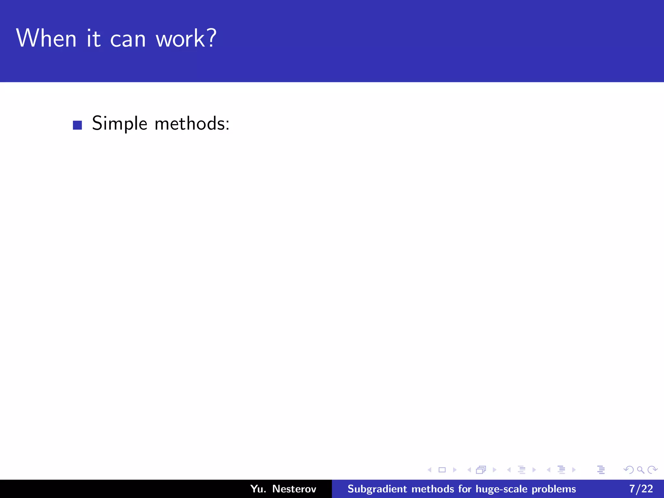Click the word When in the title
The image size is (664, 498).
(x=46, y=38)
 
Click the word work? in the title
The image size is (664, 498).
(x=186, y=38)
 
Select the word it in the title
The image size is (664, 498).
(x=93, y=38)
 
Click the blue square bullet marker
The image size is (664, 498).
(x=77, y=125)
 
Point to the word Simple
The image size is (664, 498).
(x=120, y=124)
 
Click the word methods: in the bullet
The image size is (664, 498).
(x=192, y=124)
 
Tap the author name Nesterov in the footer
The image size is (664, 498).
(x=294, y=489)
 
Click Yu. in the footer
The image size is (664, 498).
(x=258, y=489)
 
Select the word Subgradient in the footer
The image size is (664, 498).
(x=377, y=489)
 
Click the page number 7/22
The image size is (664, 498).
(x=641, y=489)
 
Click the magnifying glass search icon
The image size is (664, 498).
(x=640, y=470)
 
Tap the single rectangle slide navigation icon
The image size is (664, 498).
(x=442, y=470)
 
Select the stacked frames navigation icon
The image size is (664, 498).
(x=481, y=470)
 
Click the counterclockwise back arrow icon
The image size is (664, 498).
(x=628, y=470)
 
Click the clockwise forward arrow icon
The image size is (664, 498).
(x=652, y=470)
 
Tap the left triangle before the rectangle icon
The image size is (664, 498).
(x=430, y=470)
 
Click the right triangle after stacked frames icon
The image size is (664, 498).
(x=494, y=470)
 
